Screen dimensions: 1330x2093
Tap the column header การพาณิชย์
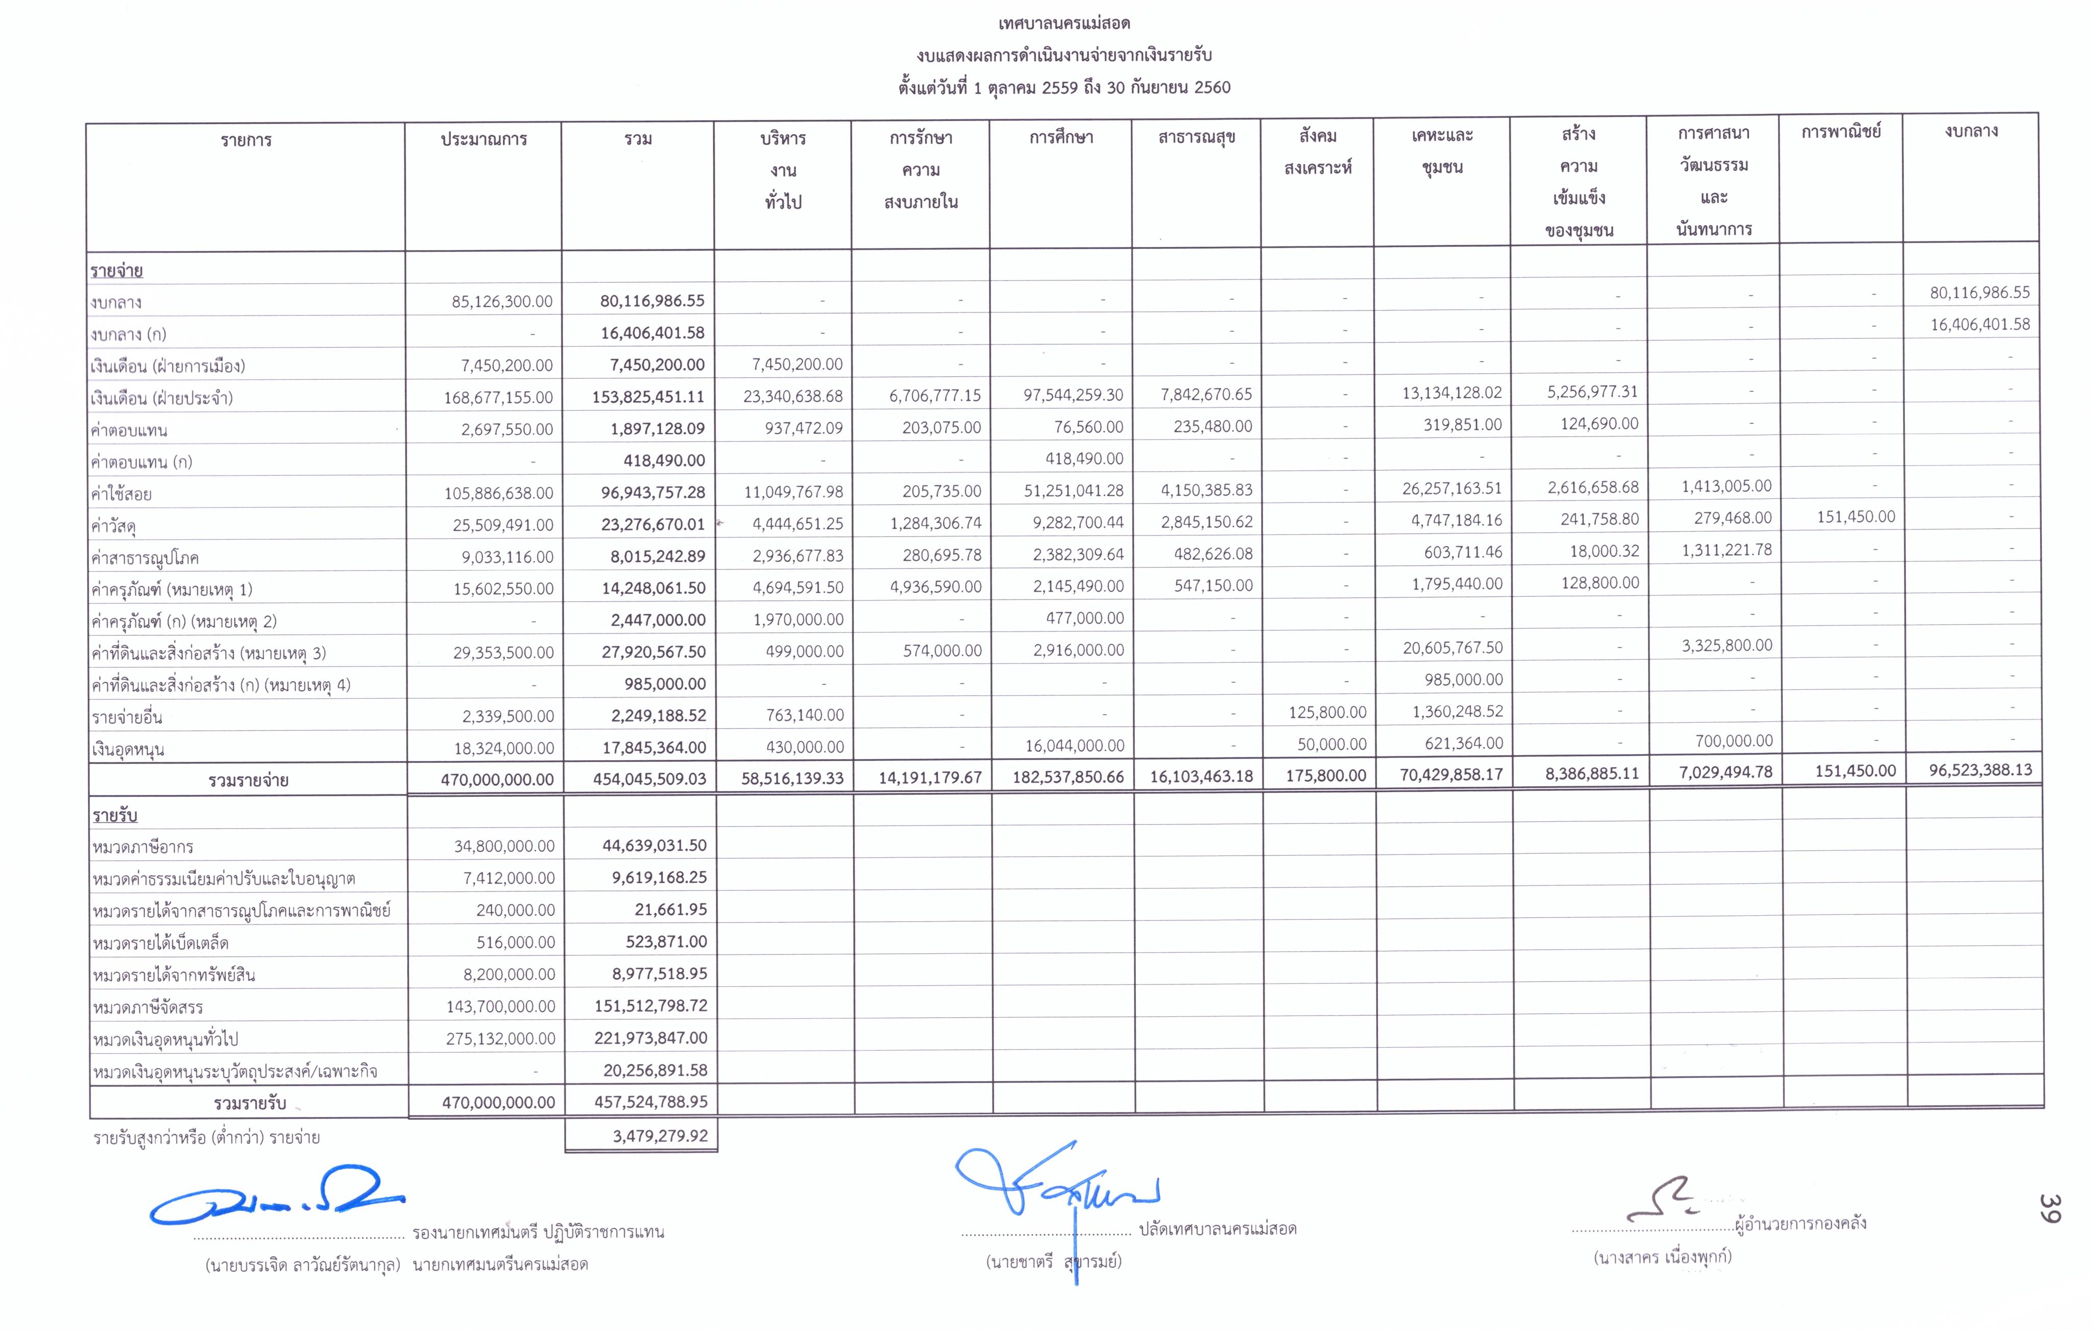(1841, 132)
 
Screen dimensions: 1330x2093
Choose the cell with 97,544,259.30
(1073, 395)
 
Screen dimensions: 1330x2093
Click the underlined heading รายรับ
(115, 815)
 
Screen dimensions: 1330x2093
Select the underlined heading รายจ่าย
(117, 270)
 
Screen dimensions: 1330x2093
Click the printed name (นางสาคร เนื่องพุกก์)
(1662, 1257)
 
